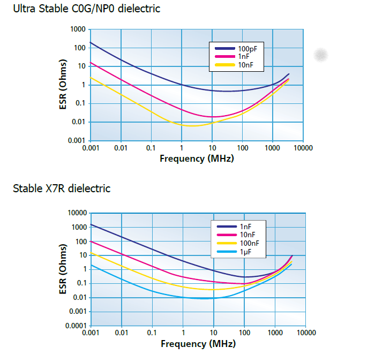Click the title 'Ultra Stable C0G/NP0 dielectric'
[86, 9]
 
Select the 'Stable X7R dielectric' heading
[62, 188]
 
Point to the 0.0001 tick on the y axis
[75, 326]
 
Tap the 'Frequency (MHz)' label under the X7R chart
[198, 343]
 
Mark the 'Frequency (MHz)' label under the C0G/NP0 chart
[197, 158]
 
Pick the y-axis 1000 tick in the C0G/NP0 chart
[78, 29]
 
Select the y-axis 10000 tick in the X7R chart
[76, 213]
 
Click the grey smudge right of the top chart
[321, 54]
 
